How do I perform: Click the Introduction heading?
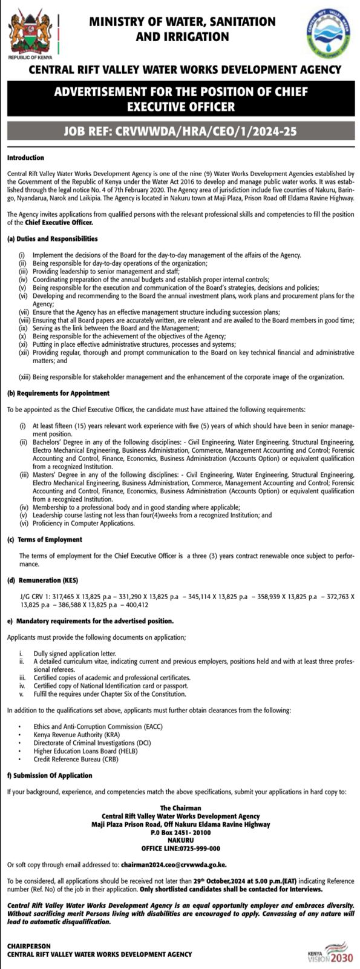pyautogui.click(x=25, y=158)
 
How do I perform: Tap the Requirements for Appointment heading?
pyautogui.click(x=58, y=393)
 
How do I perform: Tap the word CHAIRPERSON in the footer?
pyautogui.click(x=29, y=945)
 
